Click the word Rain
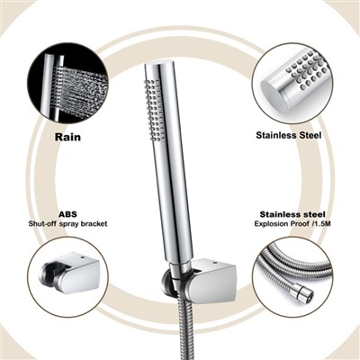[67, 137]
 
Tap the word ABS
[67, 214]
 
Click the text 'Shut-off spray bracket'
[67, 224]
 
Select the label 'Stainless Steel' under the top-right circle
[289, 135]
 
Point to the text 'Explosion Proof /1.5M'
[289, 224]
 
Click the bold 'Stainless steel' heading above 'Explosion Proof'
[292, 214]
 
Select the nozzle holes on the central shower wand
[155, 110]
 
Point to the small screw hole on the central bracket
[214, 264]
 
